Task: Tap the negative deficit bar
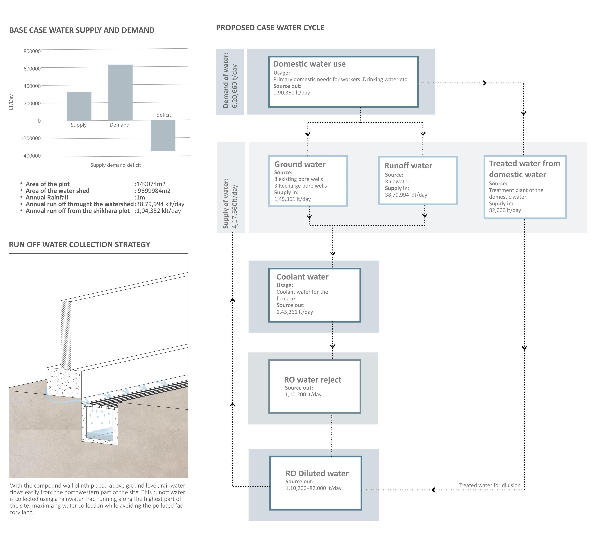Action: click(x=163, y=135)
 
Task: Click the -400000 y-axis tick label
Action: click(x=31, y=156)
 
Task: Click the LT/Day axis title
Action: click(x=11, y=102)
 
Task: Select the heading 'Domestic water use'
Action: click(x=309, y=64)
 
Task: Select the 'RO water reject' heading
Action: click(x=312, y=380)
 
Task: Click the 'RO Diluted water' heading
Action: click(x=317, y=474)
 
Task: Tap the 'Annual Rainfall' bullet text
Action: click(x=47, y=197)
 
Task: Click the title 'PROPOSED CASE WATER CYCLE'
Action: click(x=270, y=28)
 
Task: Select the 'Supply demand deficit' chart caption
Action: click(x=115, y=165)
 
